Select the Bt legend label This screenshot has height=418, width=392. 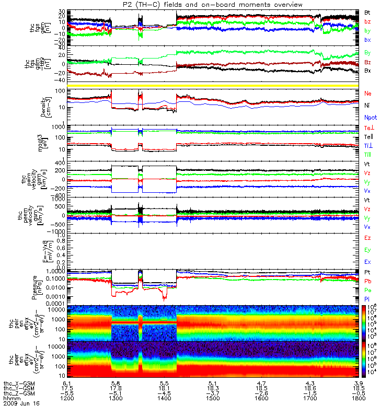368,11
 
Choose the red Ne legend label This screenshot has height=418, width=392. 368,93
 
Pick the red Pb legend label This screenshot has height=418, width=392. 368,281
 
